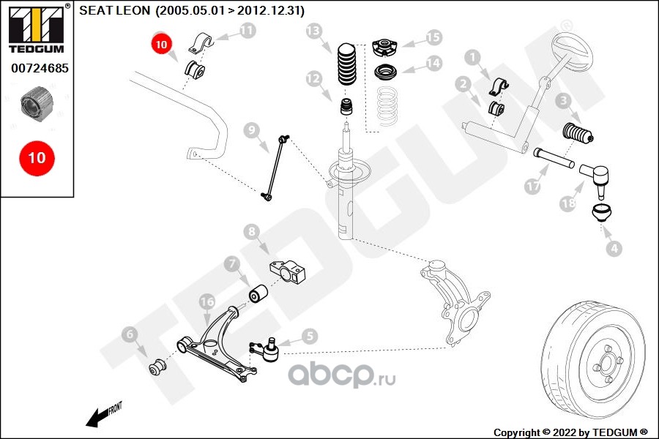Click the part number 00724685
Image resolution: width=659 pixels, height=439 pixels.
36,70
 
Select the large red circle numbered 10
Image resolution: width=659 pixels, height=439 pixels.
36,157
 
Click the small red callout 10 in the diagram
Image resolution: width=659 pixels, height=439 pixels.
162,44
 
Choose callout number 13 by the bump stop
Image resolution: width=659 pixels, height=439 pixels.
314,31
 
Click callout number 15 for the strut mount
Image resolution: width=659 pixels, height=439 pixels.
433,37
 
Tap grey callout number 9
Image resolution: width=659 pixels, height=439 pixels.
251,131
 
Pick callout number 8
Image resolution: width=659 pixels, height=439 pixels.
252,232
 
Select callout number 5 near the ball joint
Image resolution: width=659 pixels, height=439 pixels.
309,336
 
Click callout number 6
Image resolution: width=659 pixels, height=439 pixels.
130,335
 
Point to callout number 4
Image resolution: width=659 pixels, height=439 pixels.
614,249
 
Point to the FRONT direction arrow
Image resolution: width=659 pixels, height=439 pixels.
102,415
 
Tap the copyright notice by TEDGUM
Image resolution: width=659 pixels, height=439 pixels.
570,432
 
